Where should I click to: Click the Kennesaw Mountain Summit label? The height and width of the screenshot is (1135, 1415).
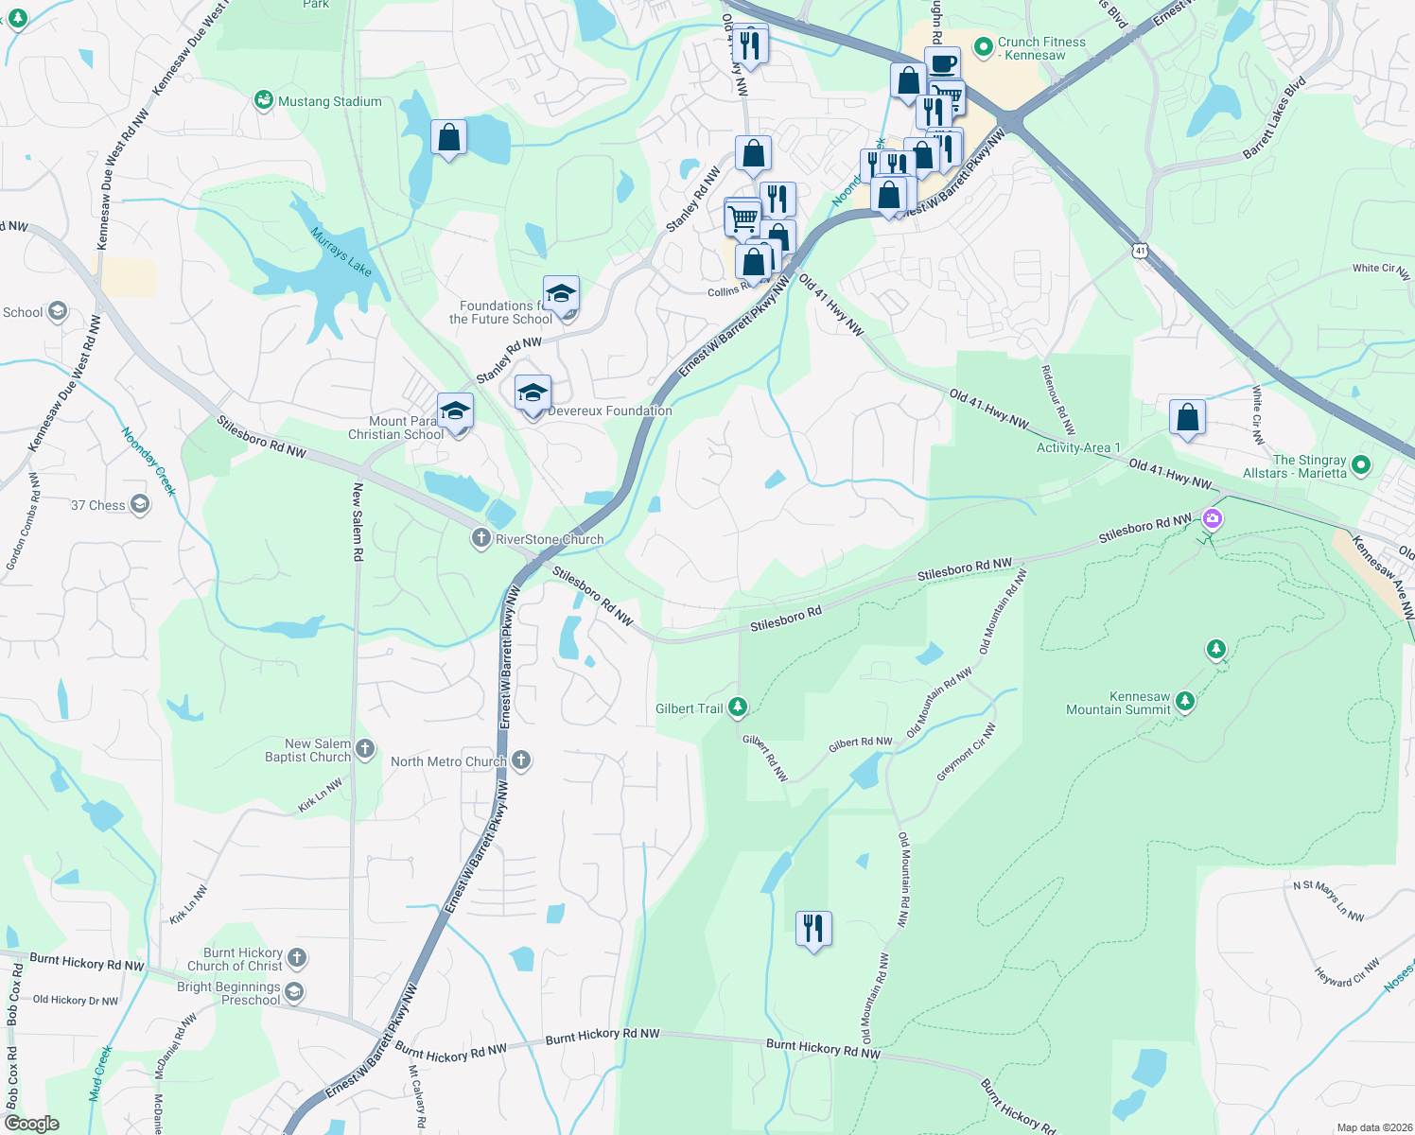(x=1118, y=703)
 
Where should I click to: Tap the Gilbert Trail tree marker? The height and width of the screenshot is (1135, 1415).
(x=738, y=707)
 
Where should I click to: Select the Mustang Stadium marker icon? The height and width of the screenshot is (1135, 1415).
(x=264, y=100)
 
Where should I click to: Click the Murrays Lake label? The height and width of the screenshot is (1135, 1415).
(x=341, y=252)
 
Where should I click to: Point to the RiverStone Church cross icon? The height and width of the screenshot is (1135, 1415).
(x=480, y=538)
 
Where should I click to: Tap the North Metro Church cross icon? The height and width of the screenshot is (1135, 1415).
(x=520, y=760)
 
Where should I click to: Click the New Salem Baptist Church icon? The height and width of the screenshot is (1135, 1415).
(x=365, y=750)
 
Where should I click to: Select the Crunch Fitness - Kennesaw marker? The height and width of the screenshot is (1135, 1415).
(x=984, y=45)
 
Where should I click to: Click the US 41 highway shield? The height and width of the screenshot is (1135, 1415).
(x=1140, y=251)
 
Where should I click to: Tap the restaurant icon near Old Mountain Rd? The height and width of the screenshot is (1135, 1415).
(x=813, y=929)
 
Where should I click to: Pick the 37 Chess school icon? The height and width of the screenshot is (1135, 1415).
(x=140, y=504)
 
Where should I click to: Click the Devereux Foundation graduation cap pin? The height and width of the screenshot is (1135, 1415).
(x=533, y=393)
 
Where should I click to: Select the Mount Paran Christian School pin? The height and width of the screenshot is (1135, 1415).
(x=455, y=411)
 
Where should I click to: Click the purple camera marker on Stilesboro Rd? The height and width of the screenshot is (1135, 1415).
(x=1213, y=519)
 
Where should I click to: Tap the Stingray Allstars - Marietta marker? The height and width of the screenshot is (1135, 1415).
(x=1361, y=464)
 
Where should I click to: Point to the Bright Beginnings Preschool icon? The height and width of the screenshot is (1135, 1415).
(x=294, y=992)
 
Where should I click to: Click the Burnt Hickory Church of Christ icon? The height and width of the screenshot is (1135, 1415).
(x=297, y=958)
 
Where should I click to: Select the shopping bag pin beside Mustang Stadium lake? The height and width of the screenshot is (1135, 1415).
(x=448, y=138)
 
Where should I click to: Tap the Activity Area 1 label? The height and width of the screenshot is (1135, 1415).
(x=1078, y=447)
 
